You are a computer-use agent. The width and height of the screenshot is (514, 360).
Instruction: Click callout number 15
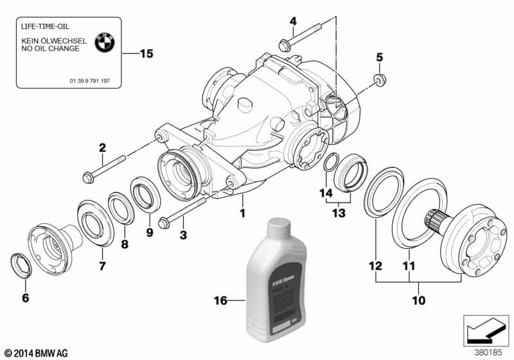[146, 54]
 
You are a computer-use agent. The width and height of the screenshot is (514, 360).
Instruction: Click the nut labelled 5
[379, 80]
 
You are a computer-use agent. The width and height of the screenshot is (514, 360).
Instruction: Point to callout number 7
[102, 265]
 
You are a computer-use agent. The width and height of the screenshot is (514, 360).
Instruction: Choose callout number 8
[125, 245]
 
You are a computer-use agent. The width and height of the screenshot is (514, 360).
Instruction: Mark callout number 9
[149, 233]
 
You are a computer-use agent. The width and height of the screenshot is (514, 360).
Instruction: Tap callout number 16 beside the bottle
[220, 300]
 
